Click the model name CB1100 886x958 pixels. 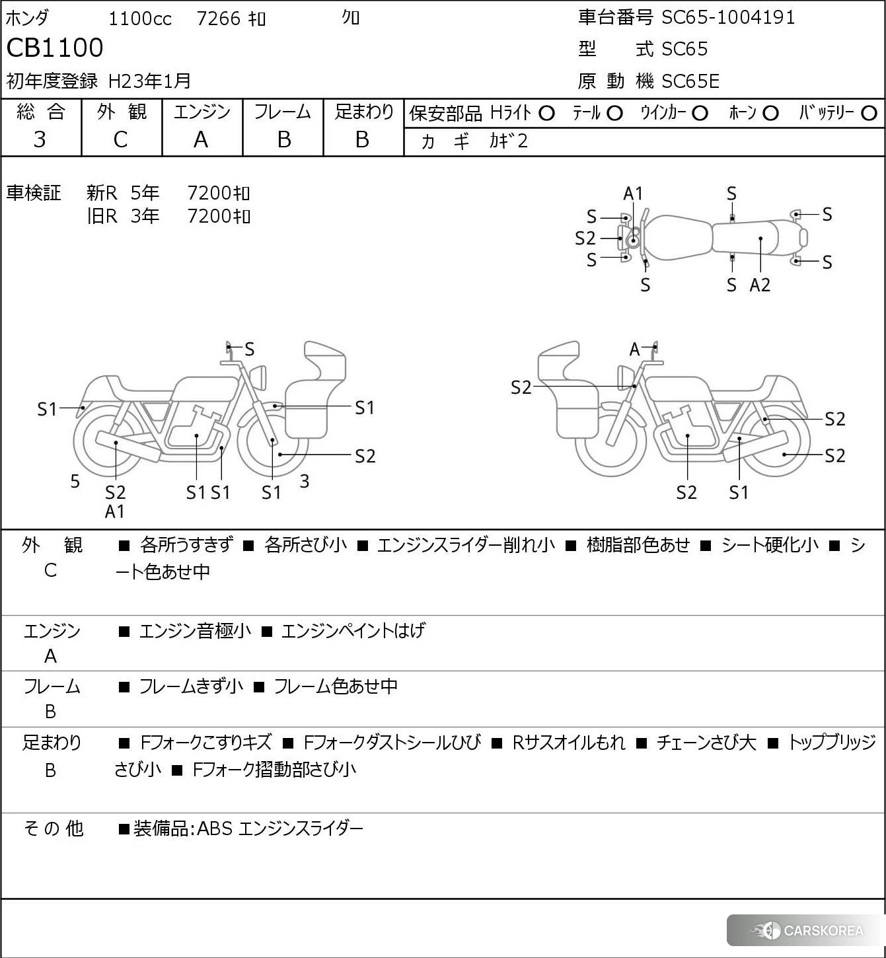tap(55, 48)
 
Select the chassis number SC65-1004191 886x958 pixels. tap(728, 18)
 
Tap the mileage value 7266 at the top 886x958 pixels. tap(219, 18)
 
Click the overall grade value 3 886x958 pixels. tap(40, 139)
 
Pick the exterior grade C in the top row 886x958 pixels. tap(120, 139)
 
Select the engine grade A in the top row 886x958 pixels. tap(201, 139)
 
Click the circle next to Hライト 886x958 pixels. tap(546, 114)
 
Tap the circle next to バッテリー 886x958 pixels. tap(869, 114)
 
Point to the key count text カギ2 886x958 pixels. tap(509, 141)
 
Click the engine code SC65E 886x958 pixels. tap(690, 81)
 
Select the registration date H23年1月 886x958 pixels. tap(149, 81)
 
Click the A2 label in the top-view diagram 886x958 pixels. tap(760, 285)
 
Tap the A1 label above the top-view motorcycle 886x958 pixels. tap(633, 194)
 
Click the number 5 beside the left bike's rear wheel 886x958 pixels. tap(75, 482)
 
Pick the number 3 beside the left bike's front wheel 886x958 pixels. tap(305, 482)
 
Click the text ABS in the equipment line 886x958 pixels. tap(215, 829)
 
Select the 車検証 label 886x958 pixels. tap(34, 193)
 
